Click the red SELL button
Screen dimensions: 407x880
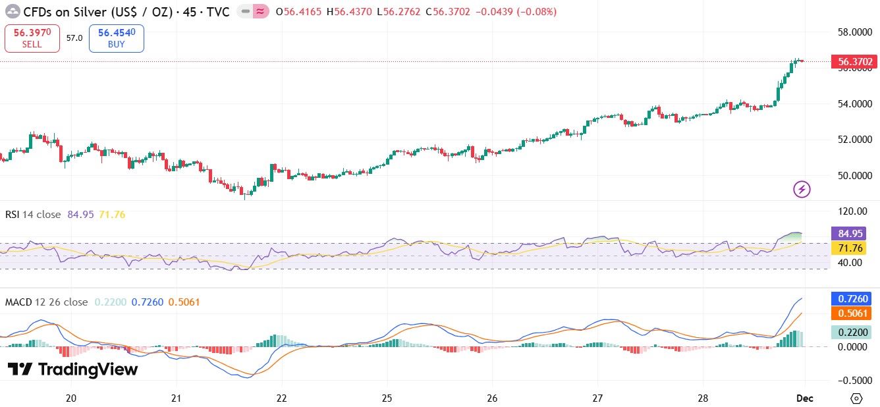(x=32, y=38)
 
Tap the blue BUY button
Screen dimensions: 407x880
(x=116, y=38)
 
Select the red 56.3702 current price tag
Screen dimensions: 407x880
(x=854, y=63)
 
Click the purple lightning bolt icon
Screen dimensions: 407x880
(x=802, y=190)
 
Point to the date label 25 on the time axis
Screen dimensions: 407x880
(x=387, y=398)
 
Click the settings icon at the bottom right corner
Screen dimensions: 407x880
(x=856, y=398)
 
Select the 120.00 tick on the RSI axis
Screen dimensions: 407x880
(x=850, y=211)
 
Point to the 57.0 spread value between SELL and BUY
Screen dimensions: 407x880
(x=74, y=38)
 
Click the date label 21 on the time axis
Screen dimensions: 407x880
(x=177, y=398)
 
